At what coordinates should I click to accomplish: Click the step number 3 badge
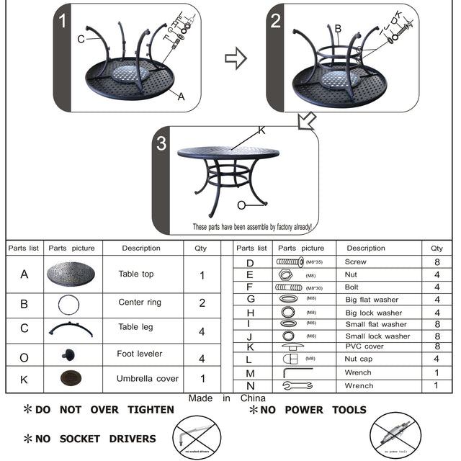(x=161, y=143)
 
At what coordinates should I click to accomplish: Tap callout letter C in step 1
(x=81, y=39)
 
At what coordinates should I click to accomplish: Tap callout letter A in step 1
(x=181, y=96)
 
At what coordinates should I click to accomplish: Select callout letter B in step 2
(x=338, y=29)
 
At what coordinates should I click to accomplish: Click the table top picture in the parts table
(x=71, y=274)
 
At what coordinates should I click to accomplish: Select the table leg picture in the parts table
(x=71, y=330)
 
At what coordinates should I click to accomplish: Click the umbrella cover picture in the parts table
(x=71, y=378)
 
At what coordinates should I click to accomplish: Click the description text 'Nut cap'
(x=359, y=359)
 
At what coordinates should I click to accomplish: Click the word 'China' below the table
(x=253, y=398)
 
